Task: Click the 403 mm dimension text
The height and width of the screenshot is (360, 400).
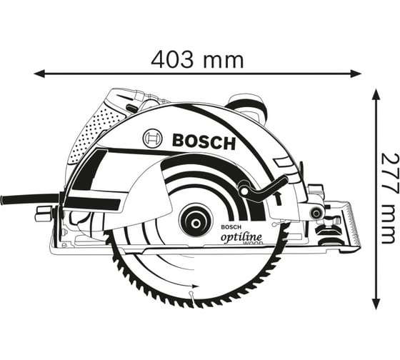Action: pos(197,59)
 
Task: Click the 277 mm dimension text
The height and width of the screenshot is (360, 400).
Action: pos(389,199)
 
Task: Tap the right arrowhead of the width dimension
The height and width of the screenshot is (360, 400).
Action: pos(356,74)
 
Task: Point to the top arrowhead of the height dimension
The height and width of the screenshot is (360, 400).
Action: pos(375,95)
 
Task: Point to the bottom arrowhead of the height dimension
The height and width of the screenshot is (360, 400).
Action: pos(375,304)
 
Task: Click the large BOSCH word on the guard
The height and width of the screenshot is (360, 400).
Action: pos(204,141)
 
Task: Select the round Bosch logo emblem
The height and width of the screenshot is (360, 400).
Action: pos(153,139)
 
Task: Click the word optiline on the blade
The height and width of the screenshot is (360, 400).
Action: pos(241,237)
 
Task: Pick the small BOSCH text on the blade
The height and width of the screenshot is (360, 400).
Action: pos(231,227)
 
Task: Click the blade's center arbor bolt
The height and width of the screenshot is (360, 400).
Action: pos(196,224)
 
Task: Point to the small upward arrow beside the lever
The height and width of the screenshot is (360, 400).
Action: pos(279,198)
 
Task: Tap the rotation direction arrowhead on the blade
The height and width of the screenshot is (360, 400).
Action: pos(196,286)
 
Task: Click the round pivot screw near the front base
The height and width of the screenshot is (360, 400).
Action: pos(316,213)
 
